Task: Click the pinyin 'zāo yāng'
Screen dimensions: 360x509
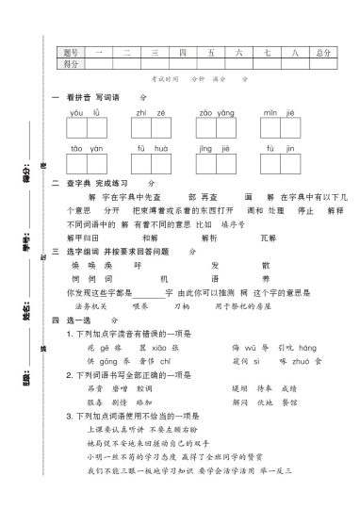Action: tap(215, 112)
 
